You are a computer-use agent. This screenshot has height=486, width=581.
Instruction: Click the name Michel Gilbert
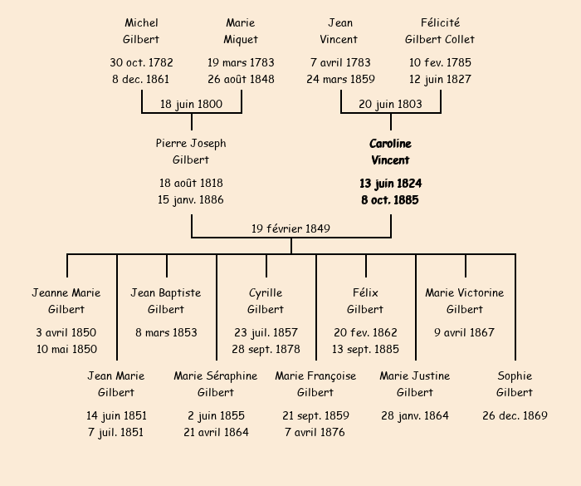(x=141, y=31)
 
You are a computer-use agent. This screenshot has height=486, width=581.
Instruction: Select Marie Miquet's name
(x=241, y=31)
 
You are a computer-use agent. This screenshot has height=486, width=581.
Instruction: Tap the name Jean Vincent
(x=340, y=31)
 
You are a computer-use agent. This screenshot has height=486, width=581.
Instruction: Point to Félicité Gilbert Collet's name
(x=440, y=31)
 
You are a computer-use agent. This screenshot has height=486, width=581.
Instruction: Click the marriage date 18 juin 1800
(x=191, y=104)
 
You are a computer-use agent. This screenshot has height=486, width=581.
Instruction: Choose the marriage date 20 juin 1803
(x=390, y=104)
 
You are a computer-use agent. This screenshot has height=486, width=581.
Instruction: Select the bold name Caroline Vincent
(x=390, y=152)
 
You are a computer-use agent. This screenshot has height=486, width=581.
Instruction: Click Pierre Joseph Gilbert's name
(x=191, y=152)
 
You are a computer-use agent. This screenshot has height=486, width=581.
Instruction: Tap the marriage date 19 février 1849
(x=290, y=228)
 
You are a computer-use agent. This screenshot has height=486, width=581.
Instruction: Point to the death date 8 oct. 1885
(x=390, y=200)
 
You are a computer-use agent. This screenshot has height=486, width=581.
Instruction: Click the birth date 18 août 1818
(x=191, y=183)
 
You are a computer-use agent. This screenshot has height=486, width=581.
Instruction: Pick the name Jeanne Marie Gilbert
(x=66, y=301)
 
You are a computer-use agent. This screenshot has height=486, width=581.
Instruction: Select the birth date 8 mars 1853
(x=166, y=332)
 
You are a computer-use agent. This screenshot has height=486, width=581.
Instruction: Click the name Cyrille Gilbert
(x=266, y=301)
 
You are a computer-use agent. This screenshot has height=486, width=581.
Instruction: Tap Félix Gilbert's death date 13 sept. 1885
(x=365, y=349)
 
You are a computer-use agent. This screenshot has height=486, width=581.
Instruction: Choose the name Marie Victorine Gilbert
(x=465, y=301)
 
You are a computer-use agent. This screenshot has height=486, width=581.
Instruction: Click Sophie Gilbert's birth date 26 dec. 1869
(x=515, y=415)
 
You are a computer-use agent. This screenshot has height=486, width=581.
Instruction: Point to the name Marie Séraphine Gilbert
(x=216, y=384)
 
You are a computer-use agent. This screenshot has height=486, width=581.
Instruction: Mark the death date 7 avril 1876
(x=315, y=432)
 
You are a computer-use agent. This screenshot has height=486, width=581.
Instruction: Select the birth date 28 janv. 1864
(x=415, y=415)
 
